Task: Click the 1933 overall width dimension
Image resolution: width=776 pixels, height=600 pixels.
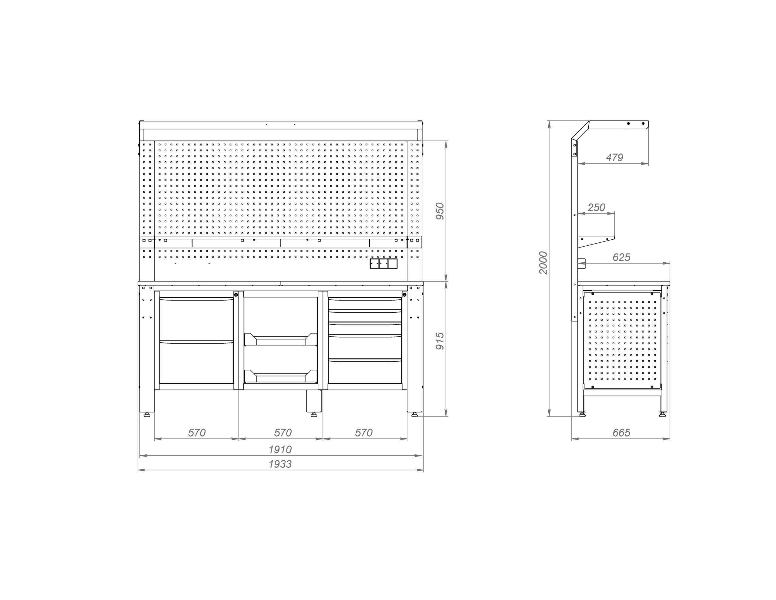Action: click(280, 464)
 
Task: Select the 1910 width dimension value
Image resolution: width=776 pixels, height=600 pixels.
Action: click(280, 450)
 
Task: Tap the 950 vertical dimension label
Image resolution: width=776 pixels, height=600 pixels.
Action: click(440, 211)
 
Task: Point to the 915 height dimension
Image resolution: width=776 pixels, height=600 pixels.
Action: click(440, 341)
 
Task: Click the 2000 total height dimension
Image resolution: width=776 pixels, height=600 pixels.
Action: click(543, 262)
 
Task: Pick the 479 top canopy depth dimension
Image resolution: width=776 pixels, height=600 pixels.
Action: click(614, 157)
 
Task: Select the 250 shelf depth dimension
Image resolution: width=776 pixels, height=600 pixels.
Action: click(596, 207)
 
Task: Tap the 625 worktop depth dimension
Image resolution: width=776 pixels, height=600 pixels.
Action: click(621, 257)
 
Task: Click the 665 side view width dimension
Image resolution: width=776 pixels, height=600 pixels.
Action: click(621, 433)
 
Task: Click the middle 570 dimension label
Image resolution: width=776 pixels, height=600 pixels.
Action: click(283, 433)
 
